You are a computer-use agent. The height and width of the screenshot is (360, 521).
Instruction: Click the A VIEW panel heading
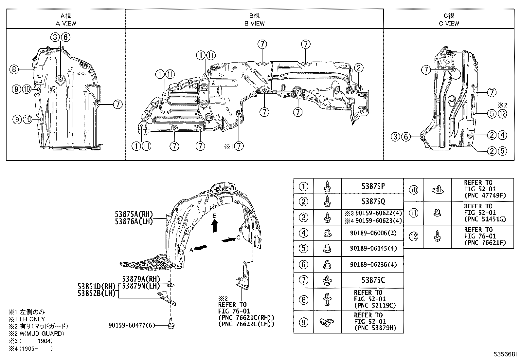(x=65, y=23)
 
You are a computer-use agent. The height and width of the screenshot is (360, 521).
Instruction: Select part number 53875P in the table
(x=373, y=186)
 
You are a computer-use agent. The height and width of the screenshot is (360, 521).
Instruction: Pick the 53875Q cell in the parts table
(x=373, y=202)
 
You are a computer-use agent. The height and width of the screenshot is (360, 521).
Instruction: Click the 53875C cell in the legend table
(x=373, y=280)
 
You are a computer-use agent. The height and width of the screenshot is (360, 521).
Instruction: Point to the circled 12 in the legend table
(x=414, y=237)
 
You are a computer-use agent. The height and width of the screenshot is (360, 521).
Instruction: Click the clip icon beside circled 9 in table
(x=327, y=322)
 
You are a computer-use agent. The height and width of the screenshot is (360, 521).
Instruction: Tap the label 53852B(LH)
(x=97, y=293)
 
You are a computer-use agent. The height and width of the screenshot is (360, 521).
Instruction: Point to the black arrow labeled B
(x=214, y=226)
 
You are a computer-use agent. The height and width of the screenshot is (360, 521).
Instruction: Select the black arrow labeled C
(x=228, y=240)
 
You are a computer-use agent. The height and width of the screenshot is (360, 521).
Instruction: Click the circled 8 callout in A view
(x=13, y=69)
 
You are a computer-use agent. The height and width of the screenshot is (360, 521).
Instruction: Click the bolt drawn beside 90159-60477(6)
(x=171, y=323)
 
